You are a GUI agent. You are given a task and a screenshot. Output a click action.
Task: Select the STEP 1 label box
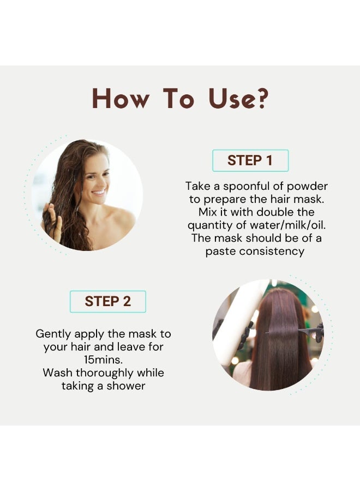(x=250, y=160)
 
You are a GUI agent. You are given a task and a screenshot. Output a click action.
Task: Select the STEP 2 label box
(x=107, y=302)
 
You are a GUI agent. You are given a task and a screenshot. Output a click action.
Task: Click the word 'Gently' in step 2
(x=53, y=334)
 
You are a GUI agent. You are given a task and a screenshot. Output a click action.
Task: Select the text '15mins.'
(x=103, y=360)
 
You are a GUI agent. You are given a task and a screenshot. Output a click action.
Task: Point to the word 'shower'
(x=126, y=386)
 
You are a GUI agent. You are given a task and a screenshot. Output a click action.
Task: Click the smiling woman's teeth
(x=99, y=191)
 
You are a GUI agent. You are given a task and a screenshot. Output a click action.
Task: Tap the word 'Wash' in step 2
(x=58, y=373)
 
